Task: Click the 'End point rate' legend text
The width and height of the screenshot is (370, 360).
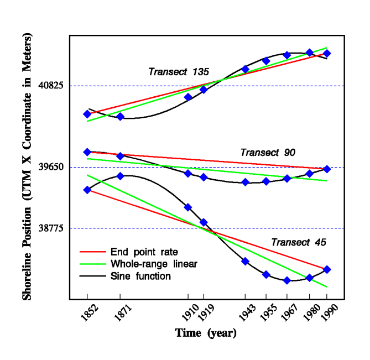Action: (144, 252)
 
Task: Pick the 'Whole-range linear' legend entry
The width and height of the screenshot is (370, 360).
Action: (154, 264)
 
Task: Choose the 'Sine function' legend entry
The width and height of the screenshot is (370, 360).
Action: (140, 276)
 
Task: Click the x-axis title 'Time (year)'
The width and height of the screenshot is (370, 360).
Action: (206, 333)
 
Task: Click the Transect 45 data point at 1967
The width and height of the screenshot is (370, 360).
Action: (287, 280)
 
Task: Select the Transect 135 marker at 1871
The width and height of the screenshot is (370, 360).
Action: (120, 117)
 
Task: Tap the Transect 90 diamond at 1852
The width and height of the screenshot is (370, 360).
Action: (87, 152)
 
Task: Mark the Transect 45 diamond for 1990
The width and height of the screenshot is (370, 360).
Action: (327, 269)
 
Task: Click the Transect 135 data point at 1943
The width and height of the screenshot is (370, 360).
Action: (245, 69)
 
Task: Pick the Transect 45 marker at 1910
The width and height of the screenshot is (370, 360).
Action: (188, 207)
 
